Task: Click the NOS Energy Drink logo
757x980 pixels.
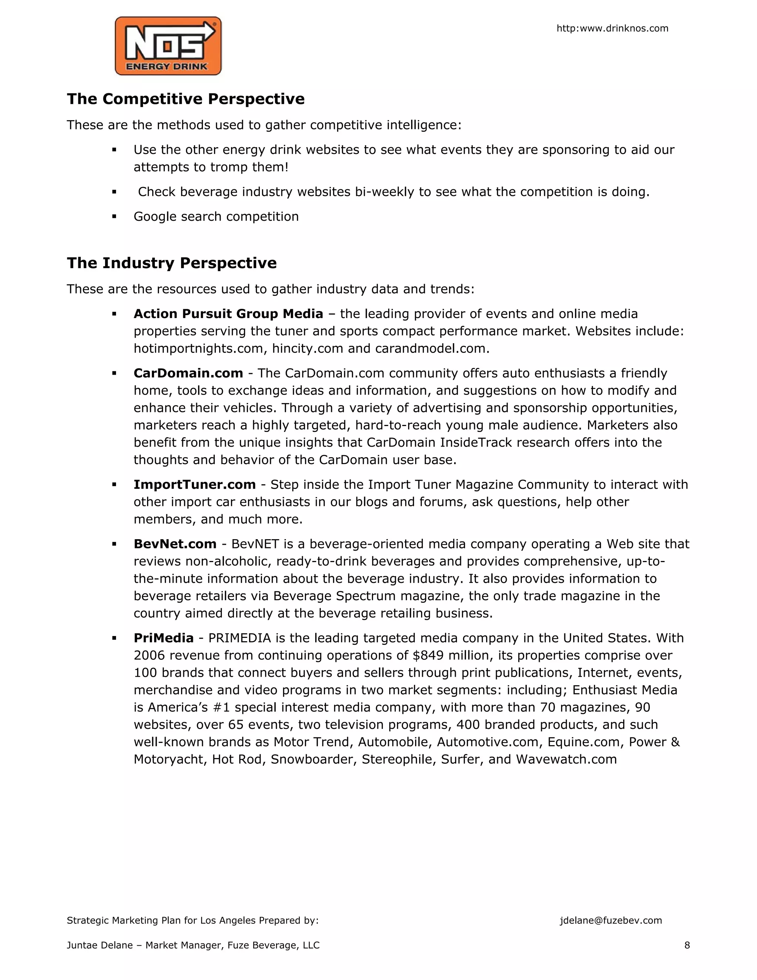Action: click(168, 46)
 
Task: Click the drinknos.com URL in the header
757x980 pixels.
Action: click(612, 28)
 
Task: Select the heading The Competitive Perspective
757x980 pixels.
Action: click(186, 99)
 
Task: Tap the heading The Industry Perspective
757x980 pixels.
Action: click(172, 263)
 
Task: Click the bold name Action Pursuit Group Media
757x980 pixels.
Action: click(228, 314)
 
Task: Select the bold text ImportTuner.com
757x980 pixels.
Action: click(195, 484)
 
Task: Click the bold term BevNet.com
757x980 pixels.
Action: click(175, 544)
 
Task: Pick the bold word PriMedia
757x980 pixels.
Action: click(164, 638)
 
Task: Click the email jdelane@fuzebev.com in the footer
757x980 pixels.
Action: click(611, 920)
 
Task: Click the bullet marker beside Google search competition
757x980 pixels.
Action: click(114, 217)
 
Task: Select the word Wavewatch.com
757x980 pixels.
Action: click(566, 759)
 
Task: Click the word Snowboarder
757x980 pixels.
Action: click(311, 759)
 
